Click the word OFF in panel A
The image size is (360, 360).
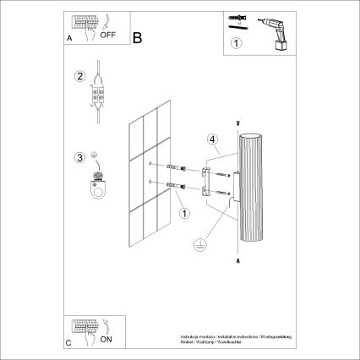[108, 36]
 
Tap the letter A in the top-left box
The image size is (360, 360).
[69, 39]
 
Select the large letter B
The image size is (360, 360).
[139, 36]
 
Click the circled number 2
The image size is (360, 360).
[80, 77]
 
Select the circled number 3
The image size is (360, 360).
[80, 157]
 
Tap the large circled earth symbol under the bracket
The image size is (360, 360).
[200, 243]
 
